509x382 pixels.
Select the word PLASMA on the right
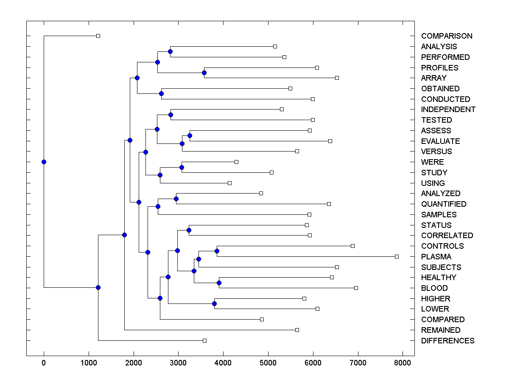[x=436, y=257]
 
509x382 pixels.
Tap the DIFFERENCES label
[x=447, y=341]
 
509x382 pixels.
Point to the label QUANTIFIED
[x=444, y=204]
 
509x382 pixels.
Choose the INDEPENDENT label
[x=448, y=110]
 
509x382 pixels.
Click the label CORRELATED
[x=447, y=236]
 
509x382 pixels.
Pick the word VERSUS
[x=436, y=152]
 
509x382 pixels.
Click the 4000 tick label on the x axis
[x=223, y=362]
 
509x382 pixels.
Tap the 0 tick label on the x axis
[x=44, y=362]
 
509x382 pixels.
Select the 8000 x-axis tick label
[x=403, y=362]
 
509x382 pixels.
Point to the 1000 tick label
[x=89, y=362]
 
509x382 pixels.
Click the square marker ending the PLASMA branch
[x=397, y=256]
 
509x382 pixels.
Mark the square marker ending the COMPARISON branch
[x=98, y=36]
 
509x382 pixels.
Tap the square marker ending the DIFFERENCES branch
[x=204, y=340]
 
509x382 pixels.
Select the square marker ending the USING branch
[x=229, y=183]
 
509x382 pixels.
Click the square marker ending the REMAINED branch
[x=297, y=330]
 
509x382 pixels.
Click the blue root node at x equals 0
[x=44, y=162]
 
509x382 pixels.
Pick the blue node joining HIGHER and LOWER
[x=214, y=303]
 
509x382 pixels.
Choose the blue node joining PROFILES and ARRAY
[x=204, y=73]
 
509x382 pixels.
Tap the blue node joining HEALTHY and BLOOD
[x=219, y=283]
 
